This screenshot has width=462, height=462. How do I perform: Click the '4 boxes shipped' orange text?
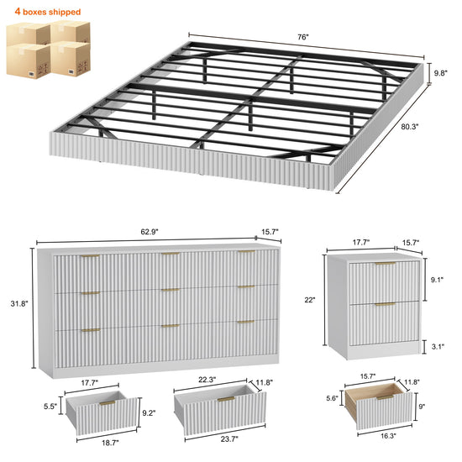47,12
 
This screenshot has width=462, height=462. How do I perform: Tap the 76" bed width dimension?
303,37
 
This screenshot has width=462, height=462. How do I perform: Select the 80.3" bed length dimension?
410,127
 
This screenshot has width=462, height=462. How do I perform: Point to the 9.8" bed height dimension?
440,73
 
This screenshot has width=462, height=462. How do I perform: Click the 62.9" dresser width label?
150,232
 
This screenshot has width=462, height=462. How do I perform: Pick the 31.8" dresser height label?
19,303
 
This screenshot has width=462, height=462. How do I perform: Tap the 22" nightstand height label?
310,300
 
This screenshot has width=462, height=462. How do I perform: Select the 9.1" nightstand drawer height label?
437,280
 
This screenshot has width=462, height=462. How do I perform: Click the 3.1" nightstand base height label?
438,346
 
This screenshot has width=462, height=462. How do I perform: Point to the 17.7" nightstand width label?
361,242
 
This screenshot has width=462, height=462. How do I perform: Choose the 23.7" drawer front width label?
229,439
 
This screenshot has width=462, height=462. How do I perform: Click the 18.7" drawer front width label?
110,443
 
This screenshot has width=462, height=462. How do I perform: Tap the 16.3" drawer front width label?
388,436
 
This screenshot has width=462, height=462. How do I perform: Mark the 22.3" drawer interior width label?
207,380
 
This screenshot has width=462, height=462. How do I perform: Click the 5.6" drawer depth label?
332,398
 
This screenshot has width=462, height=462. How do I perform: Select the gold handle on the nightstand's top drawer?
385,264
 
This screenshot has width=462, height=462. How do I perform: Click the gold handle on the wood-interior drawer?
386,398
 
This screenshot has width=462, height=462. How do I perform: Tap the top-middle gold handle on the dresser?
171,254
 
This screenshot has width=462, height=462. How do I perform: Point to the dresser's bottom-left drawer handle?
91,330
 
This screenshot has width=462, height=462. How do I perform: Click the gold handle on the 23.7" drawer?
226,399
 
